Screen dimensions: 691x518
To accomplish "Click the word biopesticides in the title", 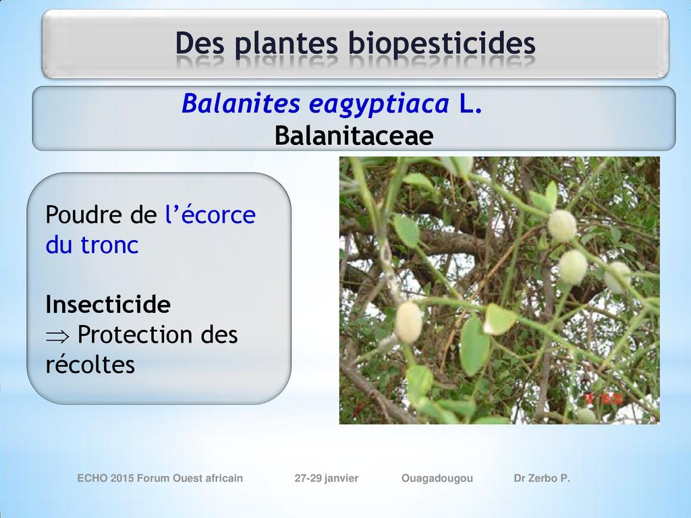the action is (441, 44).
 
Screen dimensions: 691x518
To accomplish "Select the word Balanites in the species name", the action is (241, 103).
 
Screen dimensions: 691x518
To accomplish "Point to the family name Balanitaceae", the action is (354, 135).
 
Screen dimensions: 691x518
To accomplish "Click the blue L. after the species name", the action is (470, 104).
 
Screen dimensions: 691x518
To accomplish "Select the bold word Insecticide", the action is (108, 304).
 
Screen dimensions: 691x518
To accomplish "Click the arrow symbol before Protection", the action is (57, 337).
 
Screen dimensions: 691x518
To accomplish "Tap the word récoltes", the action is (90, 364).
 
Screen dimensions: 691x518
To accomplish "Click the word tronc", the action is (110, 245).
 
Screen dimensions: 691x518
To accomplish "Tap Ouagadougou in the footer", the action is (437, 478).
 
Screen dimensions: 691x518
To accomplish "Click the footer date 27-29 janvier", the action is (327, 478).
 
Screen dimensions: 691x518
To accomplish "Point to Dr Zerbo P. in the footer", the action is (542, 478).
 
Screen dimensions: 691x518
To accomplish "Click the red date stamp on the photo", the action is (603, 399).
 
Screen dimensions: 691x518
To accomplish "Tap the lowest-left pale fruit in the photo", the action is (408, 322).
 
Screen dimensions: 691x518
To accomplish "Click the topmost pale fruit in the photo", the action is (562, 225).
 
